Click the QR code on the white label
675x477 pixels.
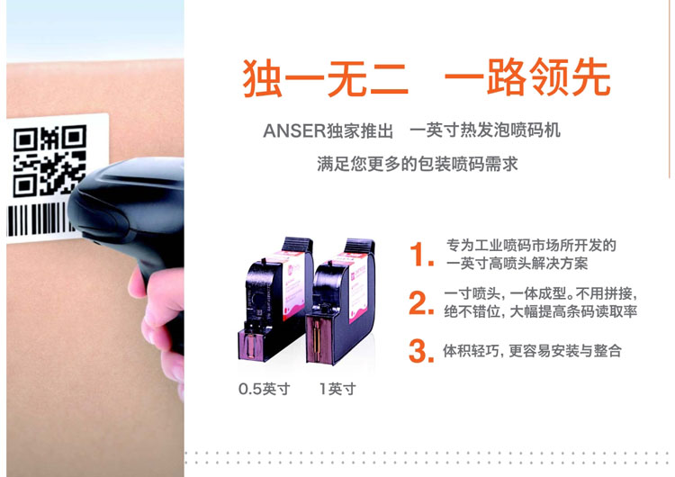tap(49, 160)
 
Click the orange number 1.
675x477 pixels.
tap(421, 254)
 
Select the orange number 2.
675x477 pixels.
tap(421, 302)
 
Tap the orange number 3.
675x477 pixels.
tap(421, 351)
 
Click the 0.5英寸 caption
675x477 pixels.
tap(265, 389)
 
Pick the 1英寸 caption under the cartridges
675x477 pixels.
tap(337, 389)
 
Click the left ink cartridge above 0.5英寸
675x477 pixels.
tap(275, 299)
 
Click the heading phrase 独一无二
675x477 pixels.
tap(325, 78)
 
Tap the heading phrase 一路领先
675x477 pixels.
tap(527, 78)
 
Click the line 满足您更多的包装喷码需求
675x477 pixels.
tap(417, 164)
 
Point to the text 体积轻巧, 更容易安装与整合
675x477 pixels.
tap(532, 351)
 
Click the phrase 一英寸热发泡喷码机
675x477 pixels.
tap(485, 130)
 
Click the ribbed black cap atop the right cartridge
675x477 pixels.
tap(359, 246)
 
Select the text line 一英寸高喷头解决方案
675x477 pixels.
tap(517, 263)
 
